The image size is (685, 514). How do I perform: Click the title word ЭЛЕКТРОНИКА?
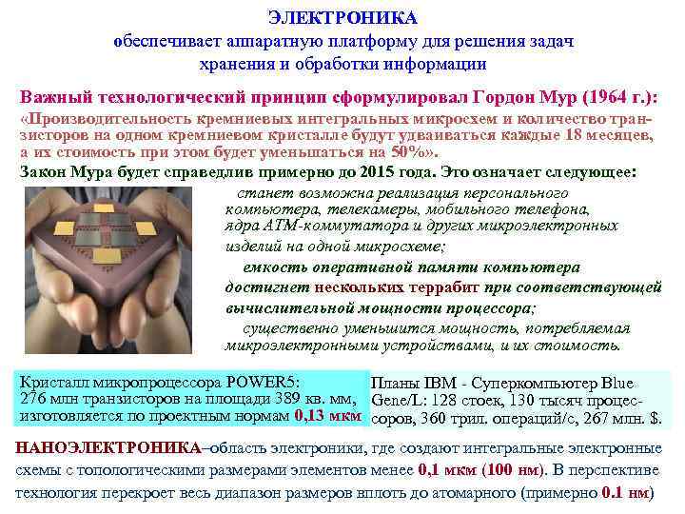pos(342,19)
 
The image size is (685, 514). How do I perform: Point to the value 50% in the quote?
pos(409,152)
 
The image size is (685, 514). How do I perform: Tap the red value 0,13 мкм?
pos(327,416)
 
